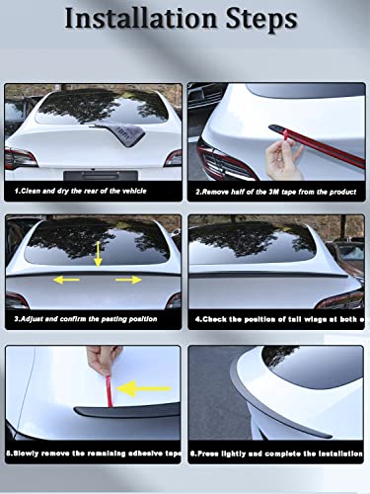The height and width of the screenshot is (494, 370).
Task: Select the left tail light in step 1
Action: [x=20, y=157]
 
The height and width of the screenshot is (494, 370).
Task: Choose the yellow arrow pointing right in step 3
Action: [x=126, y=281]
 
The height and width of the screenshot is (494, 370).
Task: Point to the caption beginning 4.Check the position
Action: [x=277, y=320]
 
